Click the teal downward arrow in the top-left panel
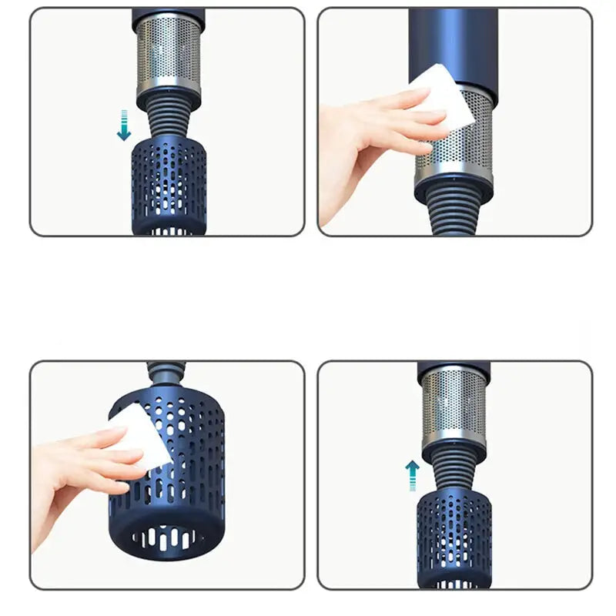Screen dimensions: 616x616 pos(123,126)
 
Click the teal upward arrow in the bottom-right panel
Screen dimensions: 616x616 pos(412,475)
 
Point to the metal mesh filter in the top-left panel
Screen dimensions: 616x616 pos(169,58)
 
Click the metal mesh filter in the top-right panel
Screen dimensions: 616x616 pos(454,146)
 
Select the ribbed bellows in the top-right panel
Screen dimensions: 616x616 pos(454,212)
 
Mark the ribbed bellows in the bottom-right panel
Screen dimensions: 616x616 pos(454,470)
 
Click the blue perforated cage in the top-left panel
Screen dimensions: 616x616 pos(169,185)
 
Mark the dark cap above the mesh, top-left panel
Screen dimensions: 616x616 pos(169,18)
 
